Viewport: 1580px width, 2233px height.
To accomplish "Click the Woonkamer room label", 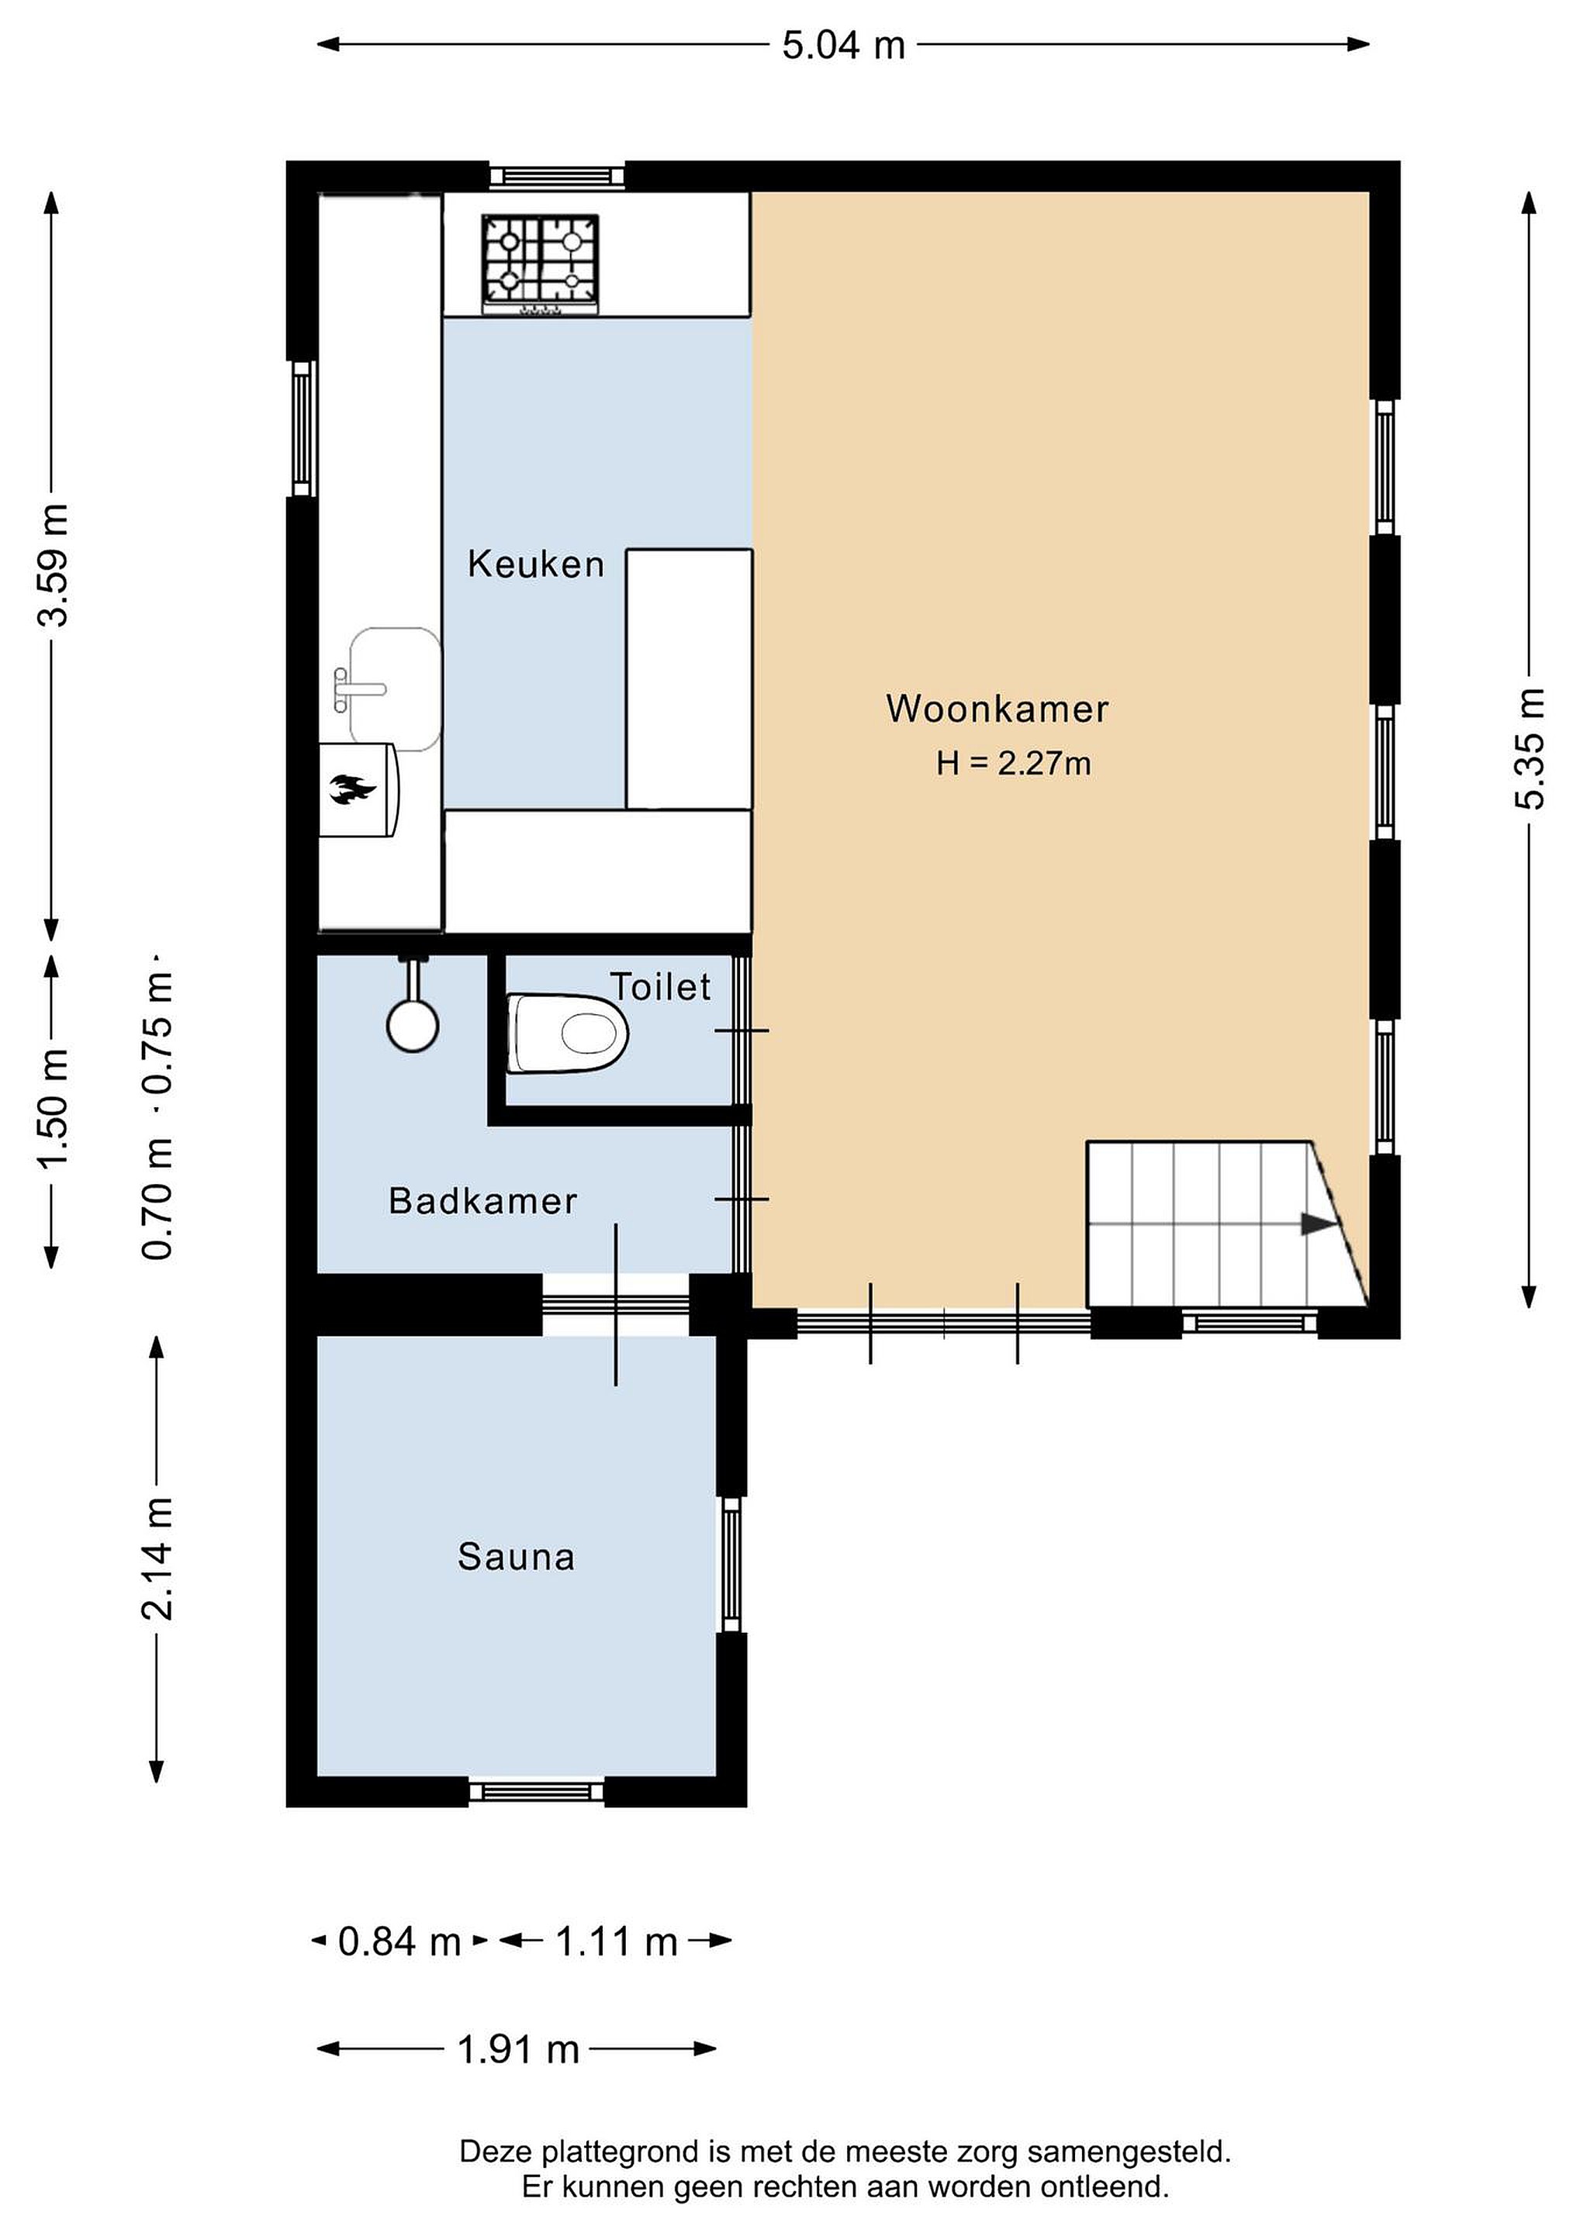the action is pyautogui.click(x=997, y=709).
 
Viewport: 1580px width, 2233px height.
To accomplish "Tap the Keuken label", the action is pyautogui.click(x=536, y=564).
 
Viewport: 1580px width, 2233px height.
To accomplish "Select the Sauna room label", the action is pyautogui.click(x=517, y=1557).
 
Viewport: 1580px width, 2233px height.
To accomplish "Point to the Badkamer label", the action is pyautogui.click(x=482, y=1201).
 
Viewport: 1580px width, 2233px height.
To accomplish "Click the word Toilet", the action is pyautogui.click(x=661, y=987).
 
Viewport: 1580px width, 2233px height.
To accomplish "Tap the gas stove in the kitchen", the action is pyautogui.click(x=540, y=264).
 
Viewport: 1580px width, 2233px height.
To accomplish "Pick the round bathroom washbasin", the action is pyautogui.click(x=413, y=1024).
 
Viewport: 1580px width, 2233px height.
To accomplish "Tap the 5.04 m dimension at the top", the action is pyautogui.click(x=843, y=45).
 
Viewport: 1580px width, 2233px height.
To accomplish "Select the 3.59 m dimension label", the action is pyautogui.click(x=53, y=565).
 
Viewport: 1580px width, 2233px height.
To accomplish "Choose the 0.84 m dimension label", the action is pyautogui.click(x=399, y=1941).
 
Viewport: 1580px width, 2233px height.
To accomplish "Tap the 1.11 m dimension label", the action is pyautogui.click(x=616, y=1941).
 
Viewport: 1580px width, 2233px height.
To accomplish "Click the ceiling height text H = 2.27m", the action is pyautogui.click(x=1013, y=764).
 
